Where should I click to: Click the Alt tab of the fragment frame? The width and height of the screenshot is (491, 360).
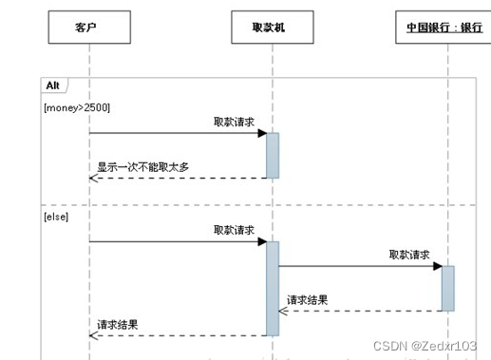click(x=53, y=85)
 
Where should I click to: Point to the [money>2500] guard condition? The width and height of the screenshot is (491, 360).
click(x=76, y=107)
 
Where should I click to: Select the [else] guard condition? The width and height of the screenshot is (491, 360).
click(x=56, y=217)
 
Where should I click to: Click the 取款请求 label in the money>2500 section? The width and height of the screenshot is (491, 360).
click(x=234, y=122)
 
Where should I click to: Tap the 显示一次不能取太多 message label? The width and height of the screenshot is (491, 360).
click(x=142, y=167)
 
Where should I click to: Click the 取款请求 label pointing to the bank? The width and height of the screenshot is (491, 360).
click(x=409, y=255)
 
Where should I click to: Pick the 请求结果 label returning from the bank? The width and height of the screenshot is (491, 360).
click(x=308, y=299)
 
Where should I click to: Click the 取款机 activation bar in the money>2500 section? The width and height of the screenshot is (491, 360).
click(x=273, y=155)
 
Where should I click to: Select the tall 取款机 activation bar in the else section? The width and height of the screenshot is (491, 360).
click(x=273, y=288)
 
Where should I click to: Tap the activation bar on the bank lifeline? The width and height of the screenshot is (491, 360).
click(x=448, y=288)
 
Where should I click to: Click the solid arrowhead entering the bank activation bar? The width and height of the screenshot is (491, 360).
click(x=438, y=266)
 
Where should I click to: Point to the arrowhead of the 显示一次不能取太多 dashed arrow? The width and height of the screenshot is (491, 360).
click(x=93, y=178)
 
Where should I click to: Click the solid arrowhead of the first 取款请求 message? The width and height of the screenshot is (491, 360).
click(x=262, y=133)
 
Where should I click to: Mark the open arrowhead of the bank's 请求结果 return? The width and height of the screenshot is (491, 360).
click(x=283, y=310)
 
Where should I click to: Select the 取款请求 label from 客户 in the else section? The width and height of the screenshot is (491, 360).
click(x=234, y=230)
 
